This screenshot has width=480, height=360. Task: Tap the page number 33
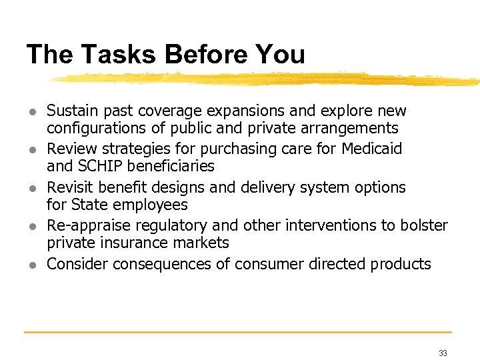pyautogui.click(x=443, y=353)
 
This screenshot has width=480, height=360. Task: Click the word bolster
pyautogui.click(x=424, y=225)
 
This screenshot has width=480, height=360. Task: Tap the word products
pyautogui.click(x=398, y=264)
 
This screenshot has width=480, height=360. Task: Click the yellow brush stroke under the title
pyautogui.click(x=267, y=79)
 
